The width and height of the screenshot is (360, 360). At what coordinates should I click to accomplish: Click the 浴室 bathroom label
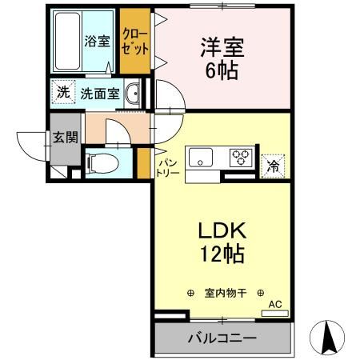pos(98,41)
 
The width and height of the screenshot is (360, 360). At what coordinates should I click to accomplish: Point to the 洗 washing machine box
pos(62,92)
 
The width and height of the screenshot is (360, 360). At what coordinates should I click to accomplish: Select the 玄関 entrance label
pos(65,137)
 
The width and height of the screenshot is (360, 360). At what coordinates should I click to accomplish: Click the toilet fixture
pos(101,162)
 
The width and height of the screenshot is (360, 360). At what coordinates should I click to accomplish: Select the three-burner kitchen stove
pos(241,158)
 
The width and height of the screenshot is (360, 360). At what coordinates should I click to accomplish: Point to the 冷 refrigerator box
pos(274,166)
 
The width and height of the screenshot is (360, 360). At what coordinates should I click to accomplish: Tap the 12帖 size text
pos(217,255)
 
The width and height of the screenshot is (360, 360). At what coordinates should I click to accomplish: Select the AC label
pos(275,303)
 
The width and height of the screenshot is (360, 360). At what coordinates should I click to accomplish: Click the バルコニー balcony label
pos(222,338)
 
